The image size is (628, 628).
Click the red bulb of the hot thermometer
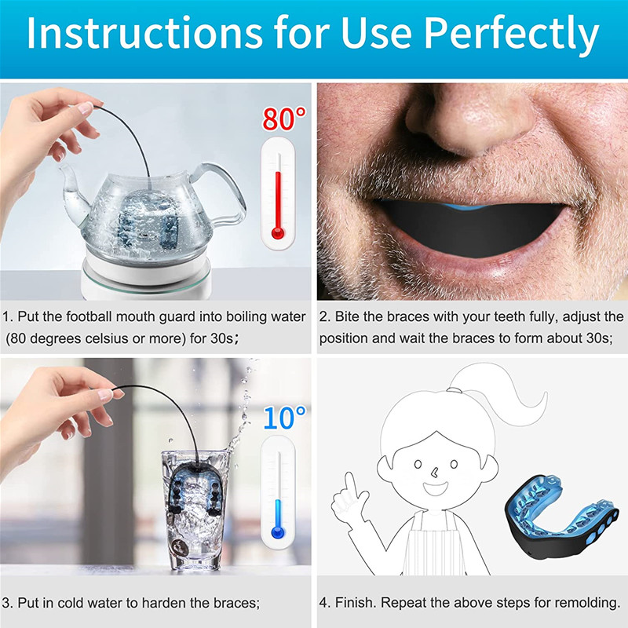click(x=276, y=233)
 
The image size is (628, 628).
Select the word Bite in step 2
click(x=355, y=318)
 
